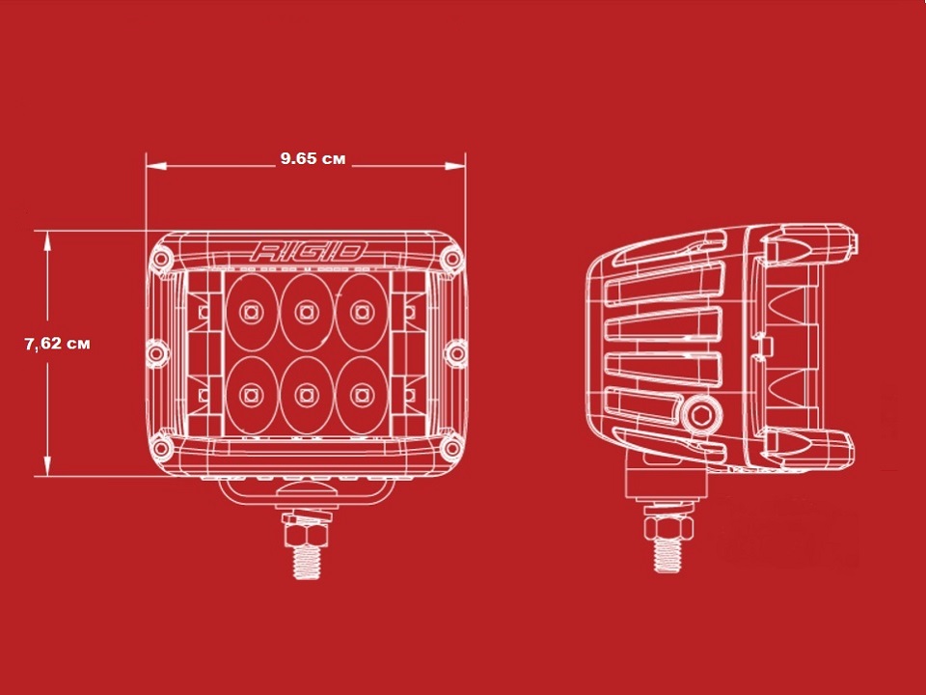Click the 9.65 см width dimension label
pos(313,158)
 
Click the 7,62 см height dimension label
pos(57,344)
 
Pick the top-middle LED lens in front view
pos(307,312)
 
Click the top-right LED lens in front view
pos(362,312)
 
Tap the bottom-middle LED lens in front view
pos(307,394)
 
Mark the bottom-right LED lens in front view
pos(362,394)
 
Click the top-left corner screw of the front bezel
pos(160,259)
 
